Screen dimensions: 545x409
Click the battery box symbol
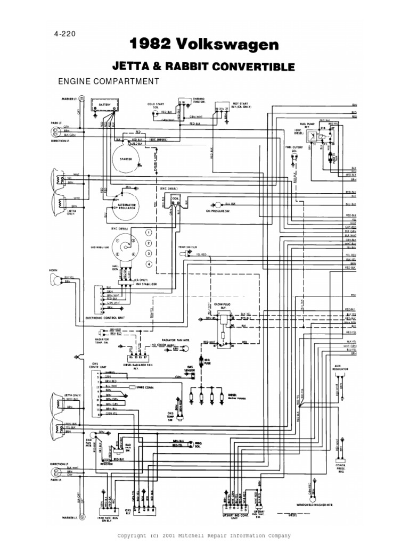coord(104,106)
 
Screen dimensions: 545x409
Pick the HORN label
coord(53,270)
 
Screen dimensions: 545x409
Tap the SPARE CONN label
coord(145,387)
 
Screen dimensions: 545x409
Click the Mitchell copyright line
coord(204,535)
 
